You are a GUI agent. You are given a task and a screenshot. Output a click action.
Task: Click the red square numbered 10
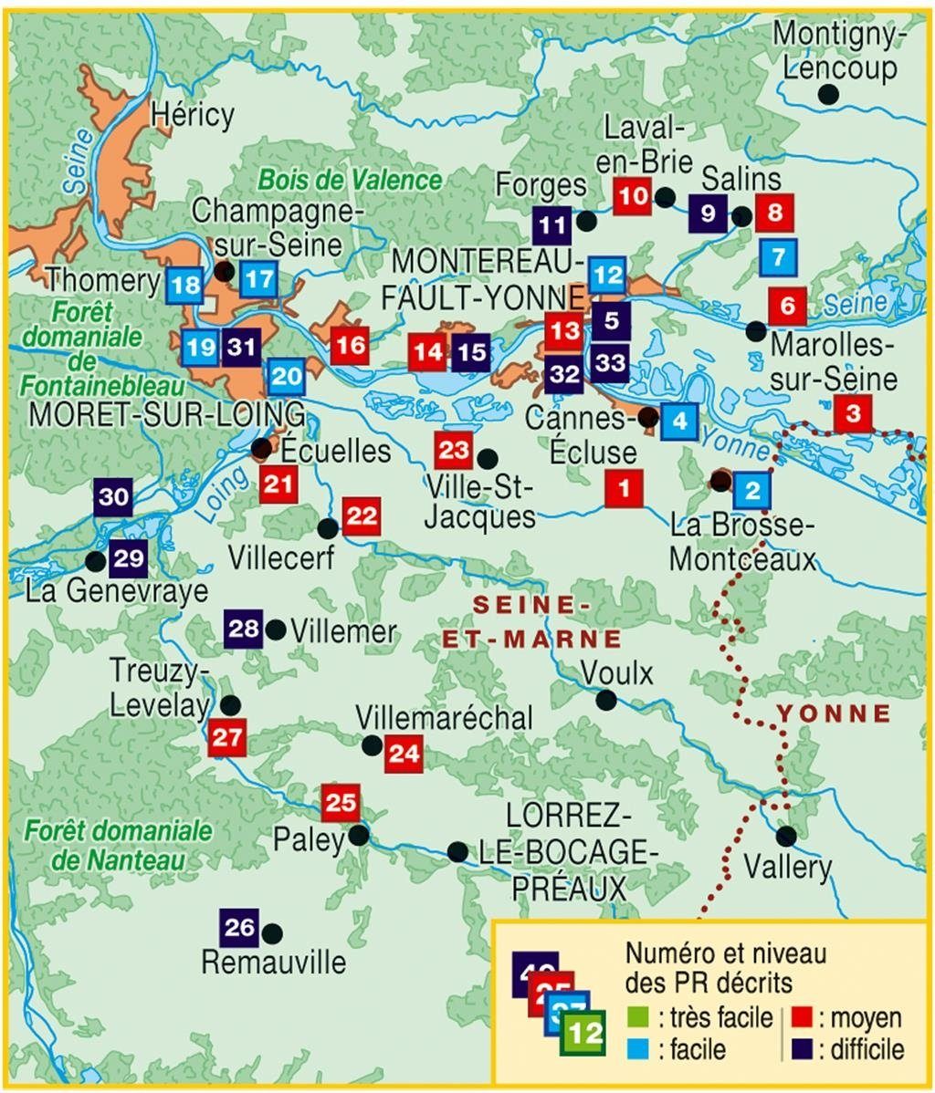click(x=632, y=196)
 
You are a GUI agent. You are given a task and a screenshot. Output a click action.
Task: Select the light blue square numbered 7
click(x=778, y=257)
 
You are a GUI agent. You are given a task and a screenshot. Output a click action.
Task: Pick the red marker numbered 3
click(x=853, y=413)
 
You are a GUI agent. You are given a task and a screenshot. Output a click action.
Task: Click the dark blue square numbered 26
click(x=239, y=928)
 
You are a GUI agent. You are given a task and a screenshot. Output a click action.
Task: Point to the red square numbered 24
click(x=404, y=754)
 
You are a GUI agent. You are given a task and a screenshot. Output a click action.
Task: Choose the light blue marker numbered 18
click(x=185, y=286)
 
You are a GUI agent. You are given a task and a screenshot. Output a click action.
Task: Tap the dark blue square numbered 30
click(x=113, y=498)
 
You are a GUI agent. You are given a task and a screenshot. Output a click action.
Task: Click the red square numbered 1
click(x=625, y=488)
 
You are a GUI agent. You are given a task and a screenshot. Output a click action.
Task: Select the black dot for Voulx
click(x=605, y=700)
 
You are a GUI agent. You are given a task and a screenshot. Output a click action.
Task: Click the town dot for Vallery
click(x=785, y=835)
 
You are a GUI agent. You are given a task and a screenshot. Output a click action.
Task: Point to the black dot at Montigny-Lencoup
click(x=828, y=93)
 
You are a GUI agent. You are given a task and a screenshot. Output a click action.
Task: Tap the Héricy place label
click(x=193, y=115)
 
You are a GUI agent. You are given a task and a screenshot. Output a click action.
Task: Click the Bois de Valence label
click(x=350, y=179)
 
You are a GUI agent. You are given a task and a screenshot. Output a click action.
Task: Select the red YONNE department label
click(x=833, y=713)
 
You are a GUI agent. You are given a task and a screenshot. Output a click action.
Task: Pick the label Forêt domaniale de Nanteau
click(x=119, y=845)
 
